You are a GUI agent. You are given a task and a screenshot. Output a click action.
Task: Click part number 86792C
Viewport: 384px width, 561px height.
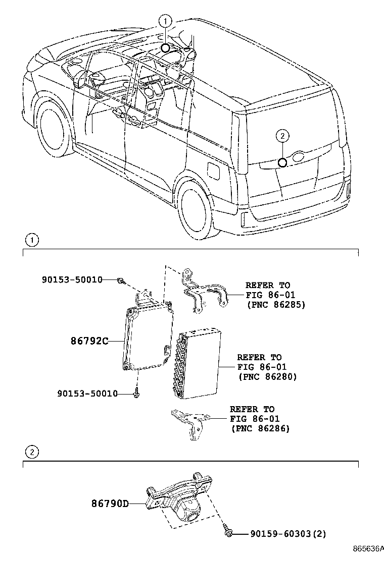click(89, 342)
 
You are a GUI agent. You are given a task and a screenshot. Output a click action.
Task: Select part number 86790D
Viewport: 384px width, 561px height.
click(111, 503)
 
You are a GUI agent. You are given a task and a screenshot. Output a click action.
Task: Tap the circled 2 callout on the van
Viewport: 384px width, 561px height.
click(282, 135)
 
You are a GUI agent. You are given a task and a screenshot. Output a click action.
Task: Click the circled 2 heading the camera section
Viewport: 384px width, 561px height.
click(31, 452)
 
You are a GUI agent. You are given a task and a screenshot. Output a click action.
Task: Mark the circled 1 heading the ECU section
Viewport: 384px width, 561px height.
click(31, 241)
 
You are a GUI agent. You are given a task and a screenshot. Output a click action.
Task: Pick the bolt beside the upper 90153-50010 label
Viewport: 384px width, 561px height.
click(121, 280)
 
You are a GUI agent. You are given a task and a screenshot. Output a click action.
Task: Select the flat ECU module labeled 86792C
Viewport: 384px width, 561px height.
click(148, 338)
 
